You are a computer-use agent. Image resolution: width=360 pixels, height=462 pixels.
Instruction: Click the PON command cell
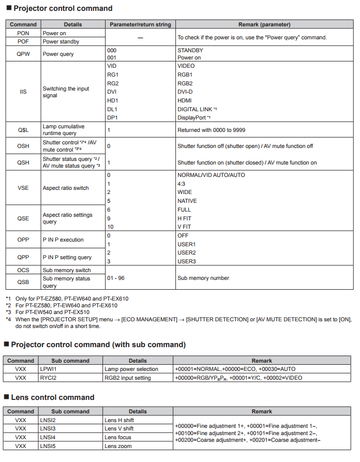pyautogui.click(x=23, y=33)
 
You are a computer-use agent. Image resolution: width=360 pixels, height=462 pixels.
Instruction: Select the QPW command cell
pyautogui.click(x=23, y=54)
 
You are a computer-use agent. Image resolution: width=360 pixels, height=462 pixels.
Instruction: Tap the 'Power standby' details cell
pyautogui.click(x=61, y=41)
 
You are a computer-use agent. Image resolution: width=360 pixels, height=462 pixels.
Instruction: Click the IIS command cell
pyautogui.click(x=23, y=92)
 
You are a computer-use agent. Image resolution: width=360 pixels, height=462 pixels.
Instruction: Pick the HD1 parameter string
pyautogui.click(x=112, y=100)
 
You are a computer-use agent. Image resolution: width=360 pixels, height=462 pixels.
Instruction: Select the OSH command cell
pyautogui.click(x=23, y=146)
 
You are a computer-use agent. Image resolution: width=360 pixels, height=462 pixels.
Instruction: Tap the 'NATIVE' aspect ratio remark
pyautogui.click(x=187, y=201)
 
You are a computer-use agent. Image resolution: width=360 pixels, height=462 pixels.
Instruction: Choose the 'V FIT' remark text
pyautogui.click(x=185, y=227)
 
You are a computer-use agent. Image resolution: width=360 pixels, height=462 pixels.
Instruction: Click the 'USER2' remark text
pyautogui.click(x=187, y=252)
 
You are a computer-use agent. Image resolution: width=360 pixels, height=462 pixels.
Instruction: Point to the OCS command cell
pyautogui.click(x=23, y=270)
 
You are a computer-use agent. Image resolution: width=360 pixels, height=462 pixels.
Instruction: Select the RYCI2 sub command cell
pyautogui.click(x=49, y=378)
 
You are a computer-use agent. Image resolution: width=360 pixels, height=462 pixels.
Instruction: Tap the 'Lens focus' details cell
pyautogui.click(x=118, y=437)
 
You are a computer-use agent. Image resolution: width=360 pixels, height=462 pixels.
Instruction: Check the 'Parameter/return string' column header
pyautogui.click(x=140, y=24)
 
